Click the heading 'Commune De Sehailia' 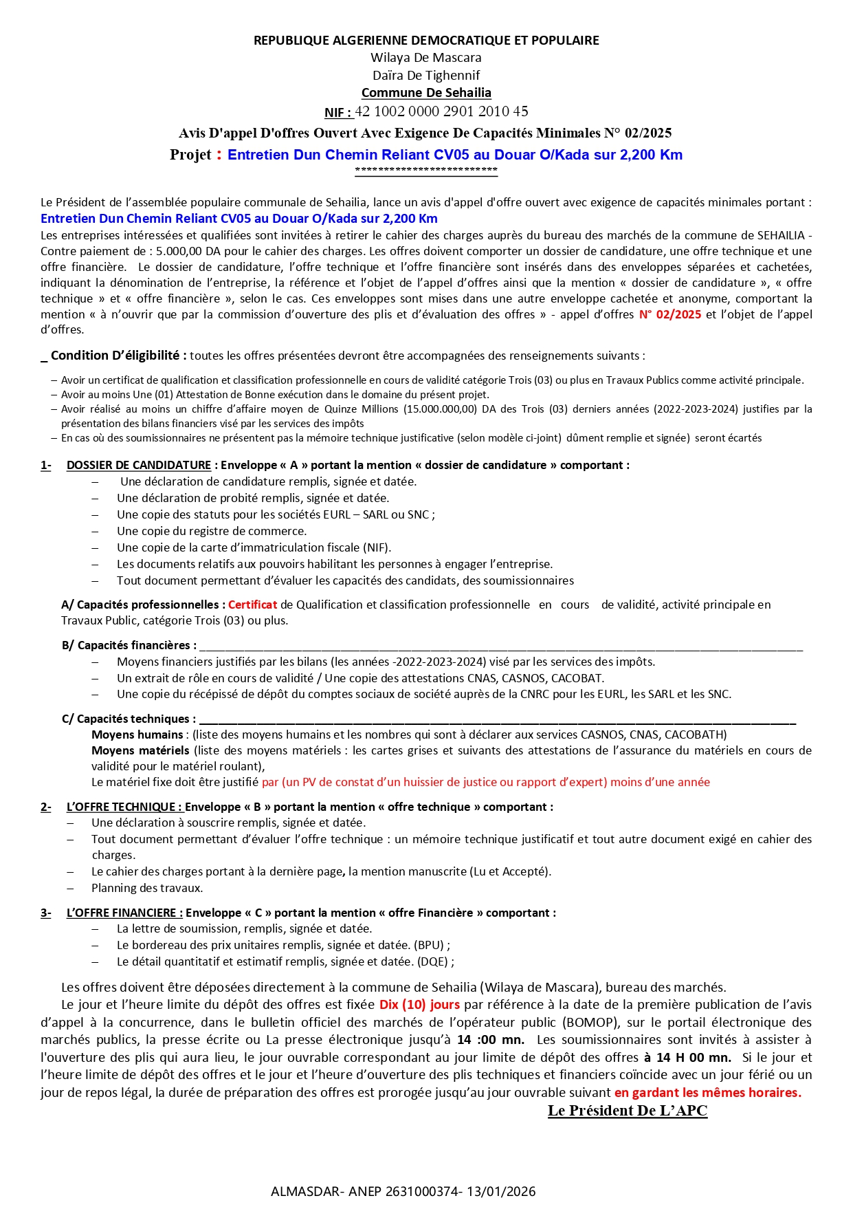coord(426,93)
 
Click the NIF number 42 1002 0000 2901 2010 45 coord(441,111)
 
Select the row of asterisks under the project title coord(426,170)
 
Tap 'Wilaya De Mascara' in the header coord(426,58)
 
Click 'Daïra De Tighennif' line coord(426,76)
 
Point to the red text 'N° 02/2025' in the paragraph coord(670,314)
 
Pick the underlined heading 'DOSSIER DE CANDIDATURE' coord(139,465)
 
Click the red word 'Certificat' coord(252,605)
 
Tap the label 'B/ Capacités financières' coord(129,645)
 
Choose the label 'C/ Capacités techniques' coord(129,719)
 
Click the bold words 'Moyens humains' coord(137,735)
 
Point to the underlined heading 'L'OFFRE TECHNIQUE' coord(124,807)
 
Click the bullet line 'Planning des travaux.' coord(147,888)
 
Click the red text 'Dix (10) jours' coord(419,1005)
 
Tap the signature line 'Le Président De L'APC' coord(627,1111)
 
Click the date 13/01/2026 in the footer coord(501,1191)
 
